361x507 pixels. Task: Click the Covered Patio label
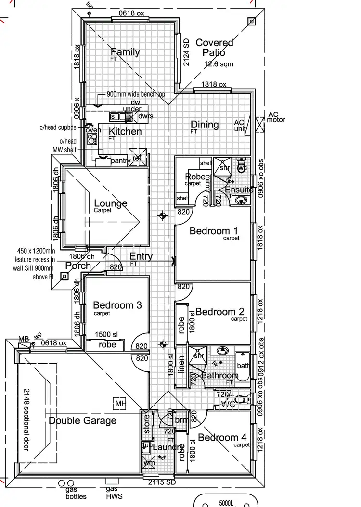click(x=214, y=48)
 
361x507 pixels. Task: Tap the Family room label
click(x=125, y=52)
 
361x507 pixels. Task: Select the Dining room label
click(x=205, y=125)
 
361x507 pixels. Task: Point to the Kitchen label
click(x=125, y=131)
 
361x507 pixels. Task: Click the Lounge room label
click(x=111, y=203)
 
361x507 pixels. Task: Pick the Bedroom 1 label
click(x=210, y=231)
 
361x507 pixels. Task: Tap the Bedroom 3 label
click(x=117, y=305)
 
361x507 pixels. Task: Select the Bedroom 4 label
click(x=222, y=437)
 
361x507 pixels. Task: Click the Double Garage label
click(x=82, y=420)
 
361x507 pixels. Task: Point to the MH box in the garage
click(x=118, y=403)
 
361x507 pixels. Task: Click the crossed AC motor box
click(x=260, y=125)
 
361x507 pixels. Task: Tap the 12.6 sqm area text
click(x=219, y=63)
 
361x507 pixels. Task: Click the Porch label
click(x=78, y=266)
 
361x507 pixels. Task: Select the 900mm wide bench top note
click(x=136, y=94)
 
